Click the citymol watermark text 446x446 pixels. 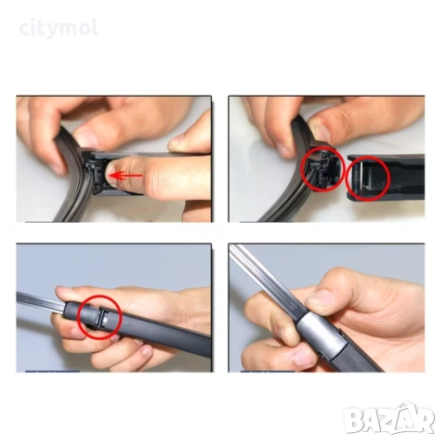point(59,29)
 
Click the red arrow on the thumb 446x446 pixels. point(126,176)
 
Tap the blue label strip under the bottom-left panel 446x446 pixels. point(52,372)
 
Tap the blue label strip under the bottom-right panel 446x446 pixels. point(268,372)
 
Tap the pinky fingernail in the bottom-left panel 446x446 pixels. point(146,351)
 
